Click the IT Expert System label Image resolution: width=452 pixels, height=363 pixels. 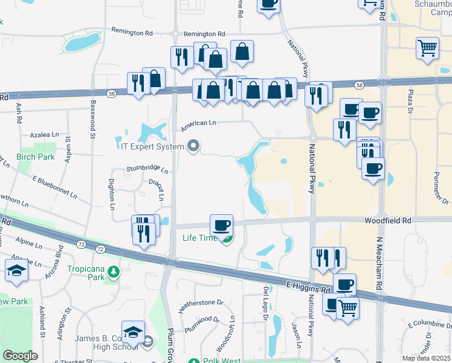[x=151, y=146]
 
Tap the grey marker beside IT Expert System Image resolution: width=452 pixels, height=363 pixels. [x=193, y=145]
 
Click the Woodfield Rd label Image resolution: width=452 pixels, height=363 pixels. [x=387, y=221]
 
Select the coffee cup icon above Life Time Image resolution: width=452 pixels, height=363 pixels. [x=221, y=226]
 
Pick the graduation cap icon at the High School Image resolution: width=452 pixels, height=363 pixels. [x=133, y=332]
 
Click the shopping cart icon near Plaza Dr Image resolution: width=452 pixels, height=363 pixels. [x=427, y=48]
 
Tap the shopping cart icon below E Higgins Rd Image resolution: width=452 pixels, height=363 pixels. [x=347, y=308]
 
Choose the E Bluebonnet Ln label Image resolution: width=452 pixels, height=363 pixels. [x=55, y=188]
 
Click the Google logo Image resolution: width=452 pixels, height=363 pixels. [x=20, y=356]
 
